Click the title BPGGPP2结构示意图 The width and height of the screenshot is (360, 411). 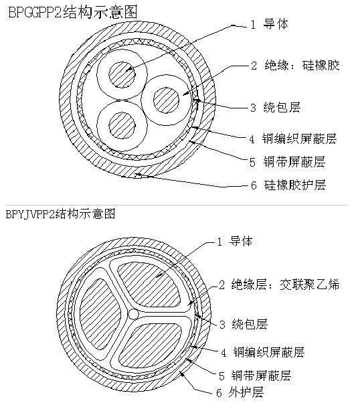73,12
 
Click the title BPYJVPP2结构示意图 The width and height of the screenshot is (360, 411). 60,214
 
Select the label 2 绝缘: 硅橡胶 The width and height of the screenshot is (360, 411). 295,66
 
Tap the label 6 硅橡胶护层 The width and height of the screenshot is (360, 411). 288,185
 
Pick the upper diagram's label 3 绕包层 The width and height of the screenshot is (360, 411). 276,108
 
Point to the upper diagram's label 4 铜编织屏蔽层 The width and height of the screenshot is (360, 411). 292,139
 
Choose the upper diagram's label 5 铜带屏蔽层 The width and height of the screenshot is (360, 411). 288,162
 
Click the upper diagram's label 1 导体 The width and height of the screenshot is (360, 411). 270,24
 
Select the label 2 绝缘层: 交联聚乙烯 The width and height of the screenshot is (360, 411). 279,284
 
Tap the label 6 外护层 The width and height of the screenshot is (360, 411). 240,392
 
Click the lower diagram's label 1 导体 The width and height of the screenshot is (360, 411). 235,241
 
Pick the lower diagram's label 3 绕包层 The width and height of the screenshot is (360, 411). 244,324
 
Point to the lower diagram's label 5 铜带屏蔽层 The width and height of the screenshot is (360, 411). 255,376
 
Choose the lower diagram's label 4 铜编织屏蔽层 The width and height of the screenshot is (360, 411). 262,352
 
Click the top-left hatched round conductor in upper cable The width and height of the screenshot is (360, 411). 122,75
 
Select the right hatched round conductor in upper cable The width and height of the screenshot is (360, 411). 166,100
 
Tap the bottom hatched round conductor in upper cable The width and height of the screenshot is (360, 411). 122,125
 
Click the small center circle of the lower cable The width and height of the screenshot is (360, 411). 133,314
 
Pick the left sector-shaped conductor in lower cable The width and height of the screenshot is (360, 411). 98,314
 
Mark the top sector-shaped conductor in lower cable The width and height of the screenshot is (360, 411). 150,284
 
